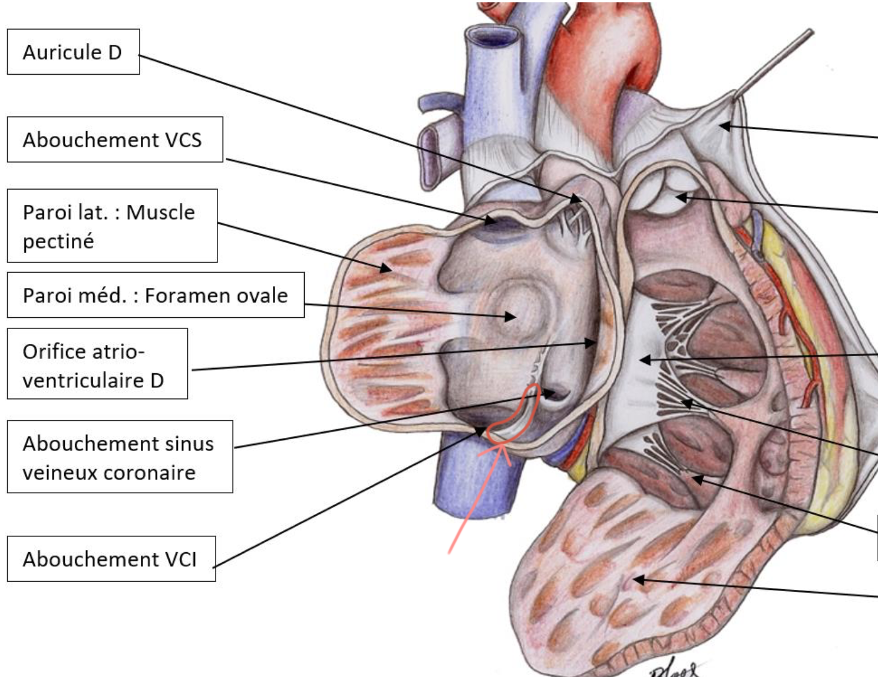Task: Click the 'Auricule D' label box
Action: click(x=72, y=52)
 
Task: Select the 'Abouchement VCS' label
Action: click(x=114, y=140)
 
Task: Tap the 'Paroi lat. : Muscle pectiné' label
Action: click(x=111, y=225)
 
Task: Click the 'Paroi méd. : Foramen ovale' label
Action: click(x=155, y=295)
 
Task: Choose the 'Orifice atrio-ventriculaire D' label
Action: click(x=97, y=364)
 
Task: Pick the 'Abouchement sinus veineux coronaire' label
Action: click(x=119, y=457)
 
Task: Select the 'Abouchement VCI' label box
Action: click(x=111, y=559)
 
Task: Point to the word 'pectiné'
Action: click(x=58, y=241)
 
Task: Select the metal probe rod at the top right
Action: click(x=778, y=59)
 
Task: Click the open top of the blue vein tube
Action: click(x=491, y=37)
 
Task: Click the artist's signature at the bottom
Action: click(x=675, y=669)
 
